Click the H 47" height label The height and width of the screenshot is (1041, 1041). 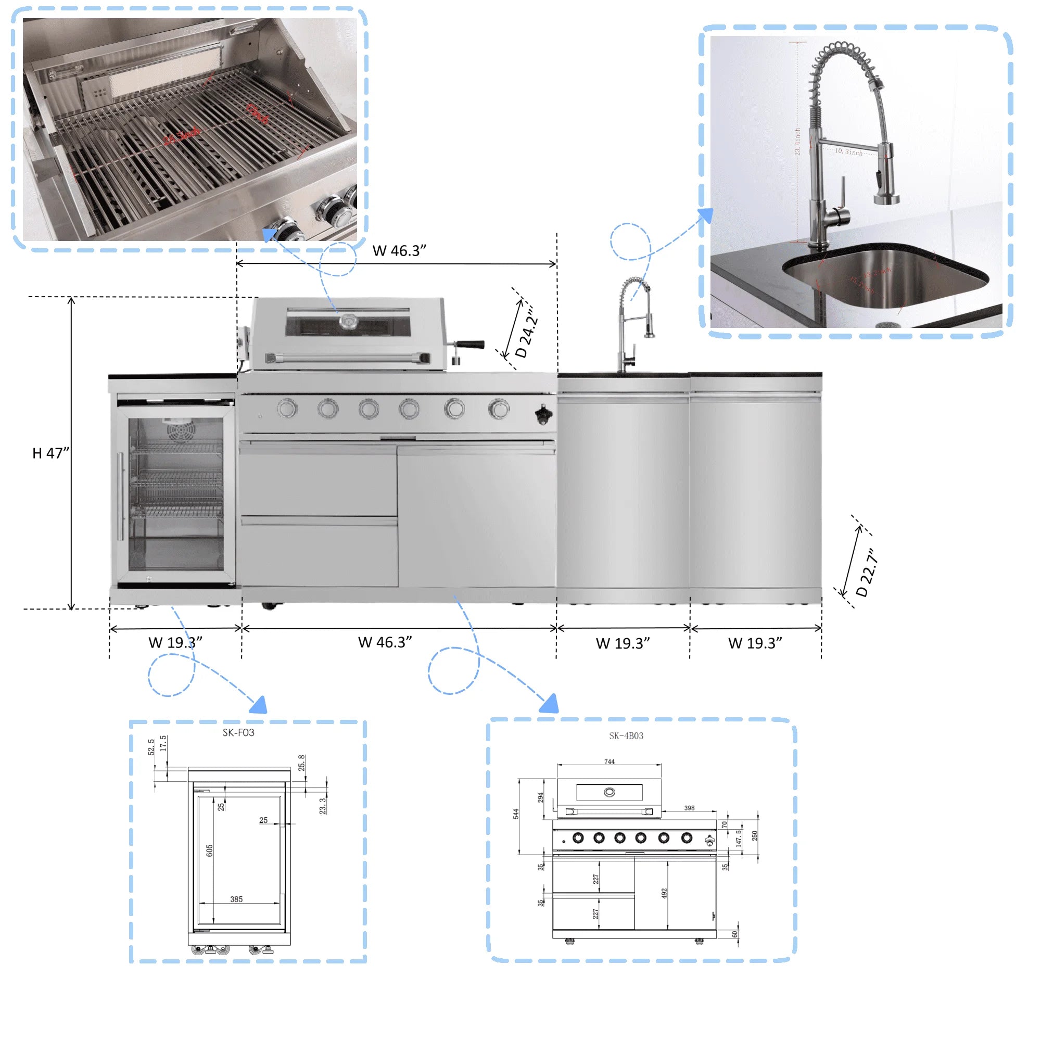coord(50,453)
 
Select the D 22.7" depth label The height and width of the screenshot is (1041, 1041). coord(867,573)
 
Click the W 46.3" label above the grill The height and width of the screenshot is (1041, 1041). coord(399,250)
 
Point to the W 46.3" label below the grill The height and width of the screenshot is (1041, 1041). coord(385,642)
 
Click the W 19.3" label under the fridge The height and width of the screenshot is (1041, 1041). coord(175,643)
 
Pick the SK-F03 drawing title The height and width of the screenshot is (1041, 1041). coord(238,733)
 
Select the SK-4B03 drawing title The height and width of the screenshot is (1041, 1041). coord(626,736)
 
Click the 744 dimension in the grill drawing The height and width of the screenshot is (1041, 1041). coord(609,762)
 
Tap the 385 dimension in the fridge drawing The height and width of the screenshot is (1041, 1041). coord(236,899)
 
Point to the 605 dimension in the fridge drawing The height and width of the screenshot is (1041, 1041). coord(210,851)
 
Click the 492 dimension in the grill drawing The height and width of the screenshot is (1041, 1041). coord(664,893)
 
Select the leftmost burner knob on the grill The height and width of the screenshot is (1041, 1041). coord(287,409)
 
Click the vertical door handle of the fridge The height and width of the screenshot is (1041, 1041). coord(120,496)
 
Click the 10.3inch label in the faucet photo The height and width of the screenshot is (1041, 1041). coord(848,152)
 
